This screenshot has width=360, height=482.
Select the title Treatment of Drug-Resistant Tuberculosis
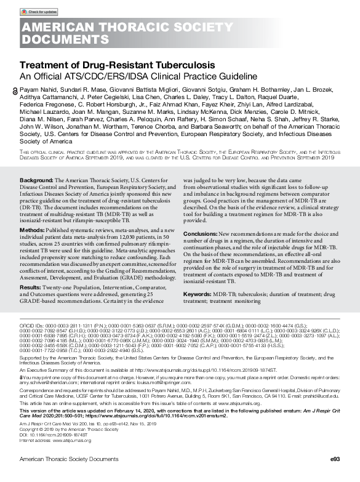coord(118,65)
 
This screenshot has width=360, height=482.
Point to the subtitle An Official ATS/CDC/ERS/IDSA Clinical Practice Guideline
coord(138,76)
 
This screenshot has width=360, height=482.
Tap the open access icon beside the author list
coord(16,90)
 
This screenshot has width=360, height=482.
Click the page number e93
coord(334,459)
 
